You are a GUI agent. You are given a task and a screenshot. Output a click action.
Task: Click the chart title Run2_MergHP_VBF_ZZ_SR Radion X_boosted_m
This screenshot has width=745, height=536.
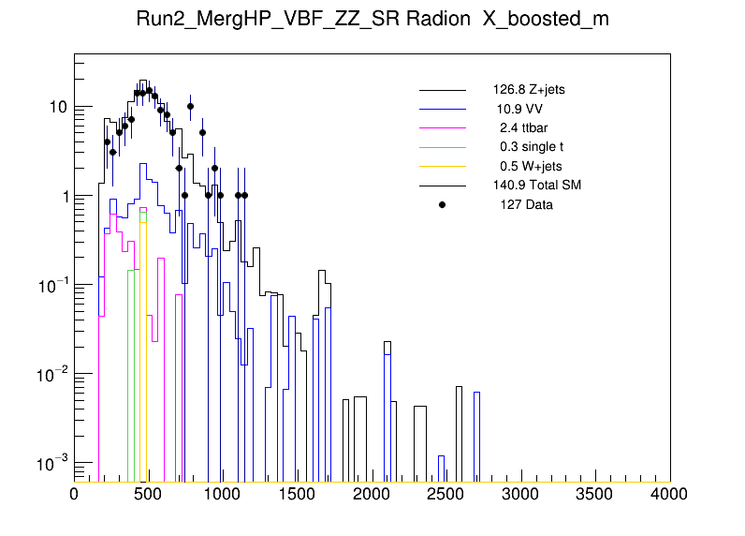pos(372,20)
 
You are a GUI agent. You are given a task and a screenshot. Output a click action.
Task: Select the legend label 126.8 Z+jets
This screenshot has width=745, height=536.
pos(529,90)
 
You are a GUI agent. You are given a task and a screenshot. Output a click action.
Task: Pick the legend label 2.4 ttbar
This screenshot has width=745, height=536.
pos(523,127)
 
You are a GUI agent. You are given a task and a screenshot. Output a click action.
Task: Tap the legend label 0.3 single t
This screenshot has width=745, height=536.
pos(532,147)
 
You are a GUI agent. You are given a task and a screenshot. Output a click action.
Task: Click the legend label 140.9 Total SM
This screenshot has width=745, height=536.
pos(537,185)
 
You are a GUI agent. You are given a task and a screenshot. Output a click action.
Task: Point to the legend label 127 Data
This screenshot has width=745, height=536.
pos(526,204)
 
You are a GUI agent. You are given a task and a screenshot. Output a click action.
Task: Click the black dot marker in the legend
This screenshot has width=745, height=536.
pos(443,204)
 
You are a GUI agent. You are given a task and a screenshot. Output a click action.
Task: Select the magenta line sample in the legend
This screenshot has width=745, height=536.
pos(443,127)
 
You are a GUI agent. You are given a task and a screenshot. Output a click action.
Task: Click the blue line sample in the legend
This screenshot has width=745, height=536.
pos(443,109)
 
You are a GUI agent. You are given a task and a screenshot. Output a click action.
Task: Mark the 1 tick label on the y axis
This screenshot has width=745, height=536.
pos(63,196)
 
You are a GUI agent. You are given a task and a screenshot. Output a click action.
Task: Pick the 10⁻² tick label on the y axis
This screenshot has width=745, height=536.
pos(53,374)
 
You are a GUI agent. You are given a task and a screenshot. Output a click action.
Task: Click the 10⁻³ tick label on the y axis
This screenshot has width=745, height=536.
pos(53,463)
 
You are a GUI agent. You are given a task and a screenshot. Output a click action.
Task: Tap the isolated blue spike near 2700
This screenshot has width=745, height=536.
pos(477,431)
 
